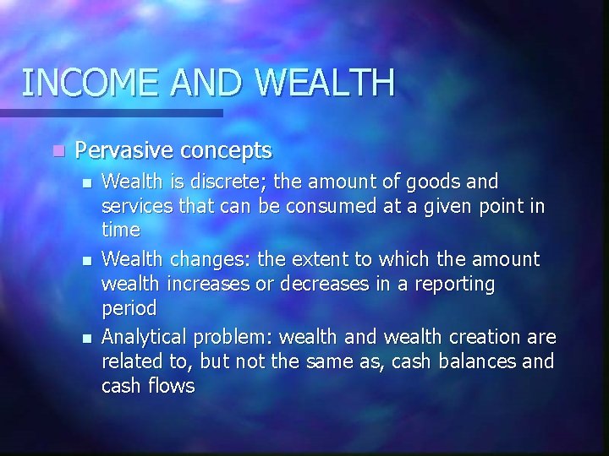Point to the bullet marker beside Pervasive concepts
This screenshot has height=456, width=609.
pyautogui.click(x=57, y=151)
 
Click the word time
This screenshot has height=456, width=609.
pyautogui.click(x=120, y=229)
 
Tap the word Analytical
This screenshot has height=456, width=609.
pyautogui.click(x=144, y=337)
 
